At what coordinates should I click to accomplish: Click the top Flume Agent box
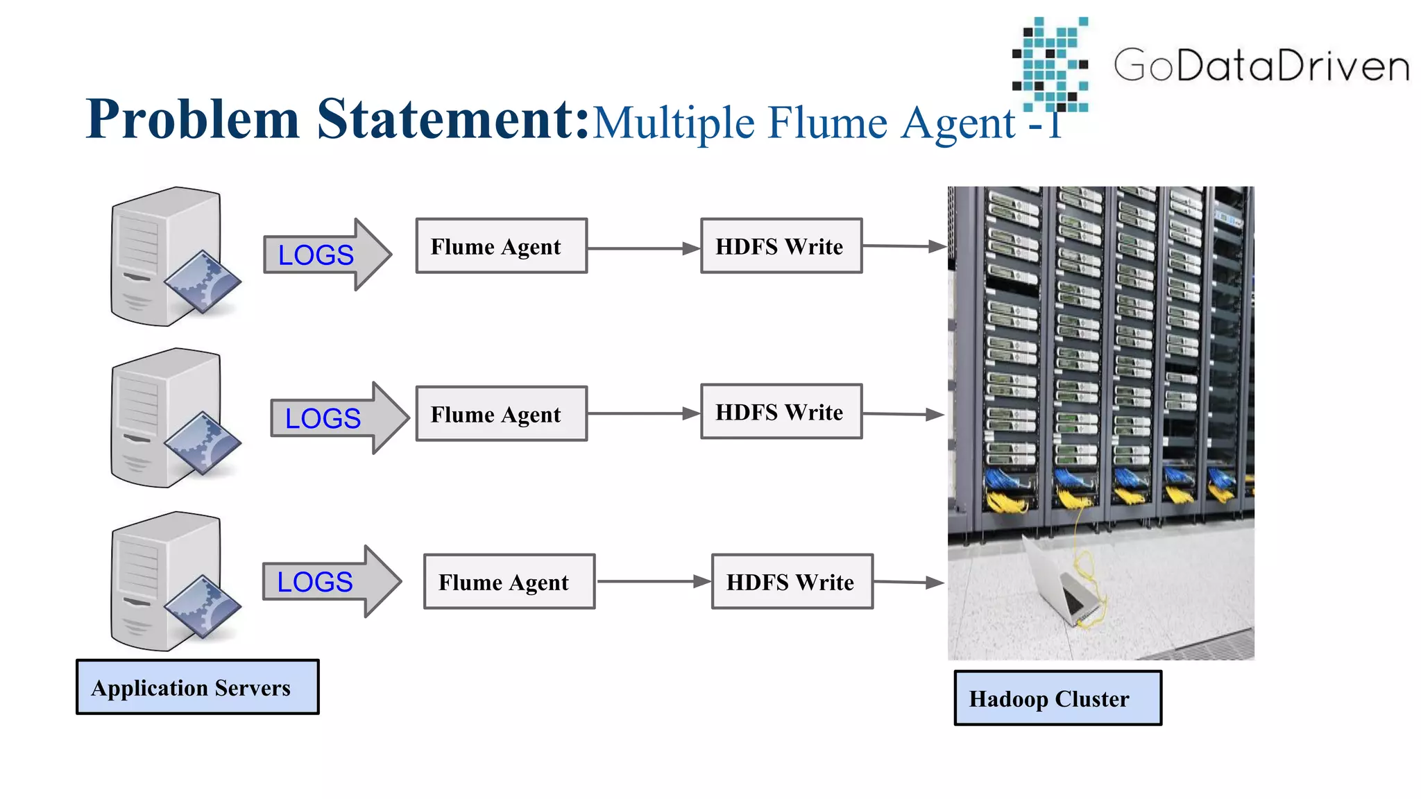click(x=501, y=246)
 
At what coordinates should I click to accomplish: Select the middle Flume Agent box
click(x=501, y=414)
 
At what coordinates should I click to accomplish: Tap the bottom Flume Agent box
click(x=509, y=582)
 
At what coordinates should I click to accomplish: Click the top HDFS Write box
click(x=781, y=246)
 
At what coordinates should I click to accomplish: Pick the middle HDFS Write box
click(x=781, y=412)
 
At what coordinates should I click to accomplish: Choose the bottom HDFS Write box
click(x=792, y=582)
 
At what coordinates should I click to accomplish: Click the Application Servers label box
click(x=198, y=687)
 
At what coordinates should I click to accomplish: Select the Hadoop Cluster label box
click(x=1057, y=698)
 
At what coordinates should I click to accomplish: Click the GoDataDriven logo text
click(x=1261, y=65)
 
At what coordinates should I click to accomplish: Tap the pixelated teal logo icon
click(x=1050, y=64)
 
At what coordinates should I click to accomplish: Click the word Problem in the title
click(x=193, y=119)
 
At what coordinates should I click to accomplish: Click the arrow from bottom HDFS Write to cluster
click(x=908, y=583)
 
